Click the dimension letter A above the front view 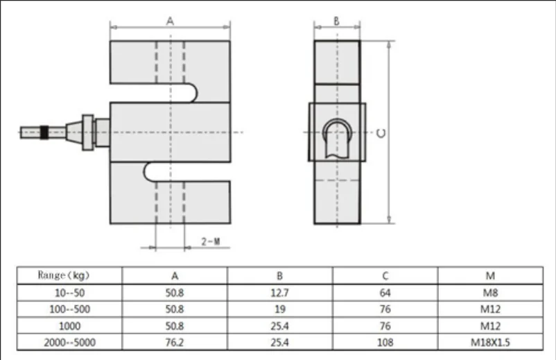171,22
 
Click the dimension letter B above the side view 336,22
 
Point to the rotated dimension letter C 381,133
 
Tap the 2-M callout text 211,241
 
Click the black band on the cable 44,132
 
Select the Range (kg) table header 64,275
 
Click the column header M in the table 490,276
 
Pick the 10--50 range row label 70,293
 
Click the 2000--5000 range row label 70,342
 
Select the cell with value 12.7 280,293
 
